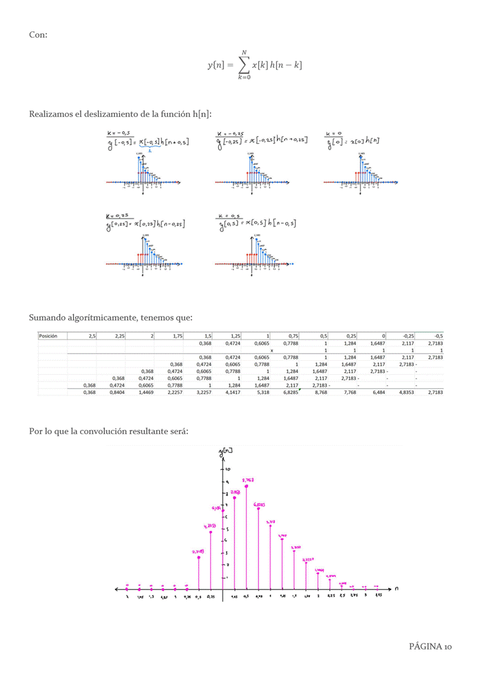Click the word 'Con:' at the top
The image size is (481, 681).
click(38, 35)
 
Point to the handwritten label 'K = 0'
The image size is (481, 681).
click(334, 133)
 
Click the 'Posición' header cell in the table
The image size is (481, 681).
click(48, 335)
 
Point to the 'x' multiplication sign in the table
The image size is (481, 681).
click(271, 351)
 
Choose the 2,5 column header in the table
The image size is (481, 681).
click(92, 335)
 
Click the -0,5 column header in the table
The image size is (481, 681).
click(438, 335)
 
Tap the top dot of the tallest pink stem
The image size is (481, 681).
click(246, 486)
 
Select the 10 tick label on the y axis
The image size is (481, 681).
click(228, 469)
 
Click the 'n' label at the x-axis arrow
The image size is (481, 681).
click(396, 588)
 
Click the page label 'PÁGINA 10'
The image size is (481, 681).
click(430, 646)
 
